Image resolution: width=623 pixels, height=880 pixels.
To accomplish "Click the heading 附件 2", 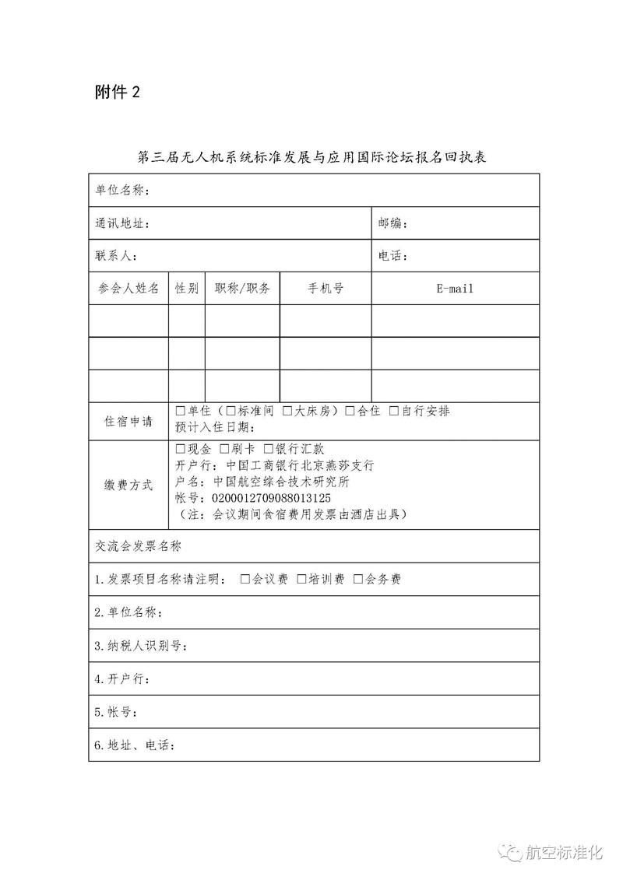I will pyautogui.click(x=118, y=93).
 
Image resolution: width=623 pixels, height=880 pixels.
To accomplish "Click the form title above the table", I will pyautogui.click(x=311, y=157).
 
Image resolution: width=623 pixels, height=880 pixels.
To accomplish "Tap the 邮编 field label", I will pyautogui.click(x=393, y=224).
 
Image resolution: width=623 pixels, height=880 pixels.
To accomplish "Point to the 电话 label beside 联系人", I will pyautogui.click(x=393, y=256).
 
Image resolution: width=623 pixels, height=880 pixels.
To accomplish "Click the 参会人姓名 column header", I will pyautogui.click(x=128, y=289).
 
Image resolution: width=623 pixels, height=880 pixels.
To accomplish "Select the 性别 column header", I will pyautogui.click(x=187, y=289).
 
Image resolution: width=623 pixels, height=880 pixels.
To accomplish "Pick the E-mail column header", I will pyautogui.click(x=455, y=289).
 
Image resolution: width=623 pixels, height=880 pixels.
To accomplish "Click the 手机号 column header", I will pyautogui.click(x=326, y=289).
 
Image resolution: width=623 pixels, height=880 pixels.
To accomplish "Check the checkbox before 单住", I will pyautogui.click(x=181, y=411).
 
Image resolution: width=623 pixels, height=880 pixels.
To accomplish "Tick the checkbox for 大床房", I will pyautogui.click(x=287, y=411).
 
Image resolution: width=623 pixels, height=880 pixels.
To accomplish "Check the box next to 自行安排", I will pyautogui.click(x=394, y=411).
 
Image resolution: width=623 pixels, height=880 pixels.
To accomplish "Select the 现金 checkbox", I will pyautogui.click(x=181, y=449).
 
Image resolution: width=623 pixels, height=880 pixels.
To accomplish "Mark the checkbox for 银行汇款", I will pyautogui.click(x=269, y=449).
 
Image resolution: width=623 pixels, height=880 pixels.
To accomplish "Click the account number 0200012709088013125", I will pyautogui.click(x=266, y=498).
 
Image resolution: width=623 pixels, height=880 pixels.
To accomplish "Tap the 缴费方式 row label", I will pyautogui.click(x=128, y=485).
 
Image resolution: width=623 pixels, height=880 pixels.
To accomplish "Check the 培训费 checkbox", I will pyautogui.click(x=302, y=579).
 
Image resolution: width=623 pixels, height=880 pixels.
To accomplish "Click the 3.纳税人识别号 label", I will pyautogui.click(x=141, y=647).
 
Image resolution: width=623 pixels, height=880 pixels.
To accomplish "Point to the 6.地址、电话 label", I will pyautogui.click(x=135, y=745).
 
